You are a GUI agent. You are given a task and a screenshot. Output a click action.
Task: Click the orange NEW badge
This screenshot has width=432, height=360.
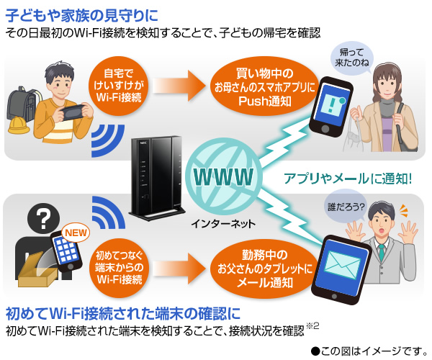click(x=76, y=233)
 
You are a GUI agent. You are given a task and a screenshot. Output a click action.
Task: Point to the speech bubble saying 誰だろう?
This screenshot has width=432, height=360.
click(x=346, y=207)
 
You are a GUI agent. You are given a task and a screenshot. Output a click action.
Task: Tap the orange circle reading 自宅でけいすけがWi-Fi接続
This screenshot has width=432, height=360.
click(x=120, y=86)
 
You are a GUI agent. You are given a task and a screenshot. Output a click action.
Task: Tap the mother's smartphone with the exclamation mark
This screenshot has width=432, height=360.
click(x=333, y=107)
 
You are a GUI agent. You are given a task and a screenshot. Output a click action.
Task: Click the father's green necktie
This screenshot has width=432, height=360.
click(x=382, y=251)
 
